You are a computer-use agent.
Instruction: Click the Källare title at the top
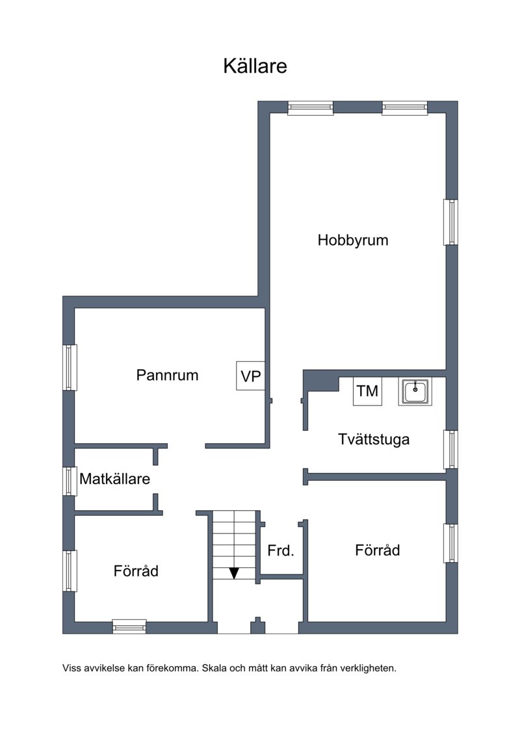pos(255,66)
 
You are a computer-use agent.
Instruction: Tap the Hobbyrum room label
pos(352,240)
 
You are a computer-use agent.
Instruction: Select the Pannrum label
pos(168,375)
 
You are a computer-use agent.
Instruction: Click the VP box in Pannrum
pos(250,376)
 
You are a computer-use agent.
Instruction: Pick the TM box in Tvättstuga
pos(367,391)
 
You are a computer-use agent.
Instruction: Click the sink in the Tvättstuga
pos(415,391)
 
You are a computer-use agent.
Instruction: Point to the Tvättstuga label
pos(374,439)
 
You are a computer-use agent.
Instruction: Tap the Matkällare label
pos(114,478)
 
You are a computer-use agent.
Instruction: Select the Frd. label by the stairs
pos(280,550)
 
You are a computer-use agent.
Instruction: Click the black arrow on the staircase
pos(234,573)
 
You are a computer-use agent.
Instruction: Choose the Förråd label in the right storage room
pos(378,550)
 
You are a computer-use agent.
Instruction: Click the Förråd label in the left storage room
pos(136,571)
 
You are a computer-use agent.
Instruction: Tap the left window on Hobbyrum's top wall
pos(311,109)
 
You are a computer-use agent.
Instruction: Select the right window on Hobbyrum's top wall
pos(405,109)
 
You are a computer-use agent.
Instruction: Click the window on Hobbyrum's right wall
pos(450,222)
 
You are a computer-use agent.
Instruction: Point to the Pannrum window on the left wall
pos(70,368)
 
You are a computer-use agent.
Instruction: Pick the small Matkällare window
pos(70,481)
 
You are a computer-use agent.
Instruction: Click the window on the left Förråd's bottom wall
pos(129,626)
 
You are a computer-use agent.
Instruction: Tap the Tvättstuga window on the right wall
pos(450,450)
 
